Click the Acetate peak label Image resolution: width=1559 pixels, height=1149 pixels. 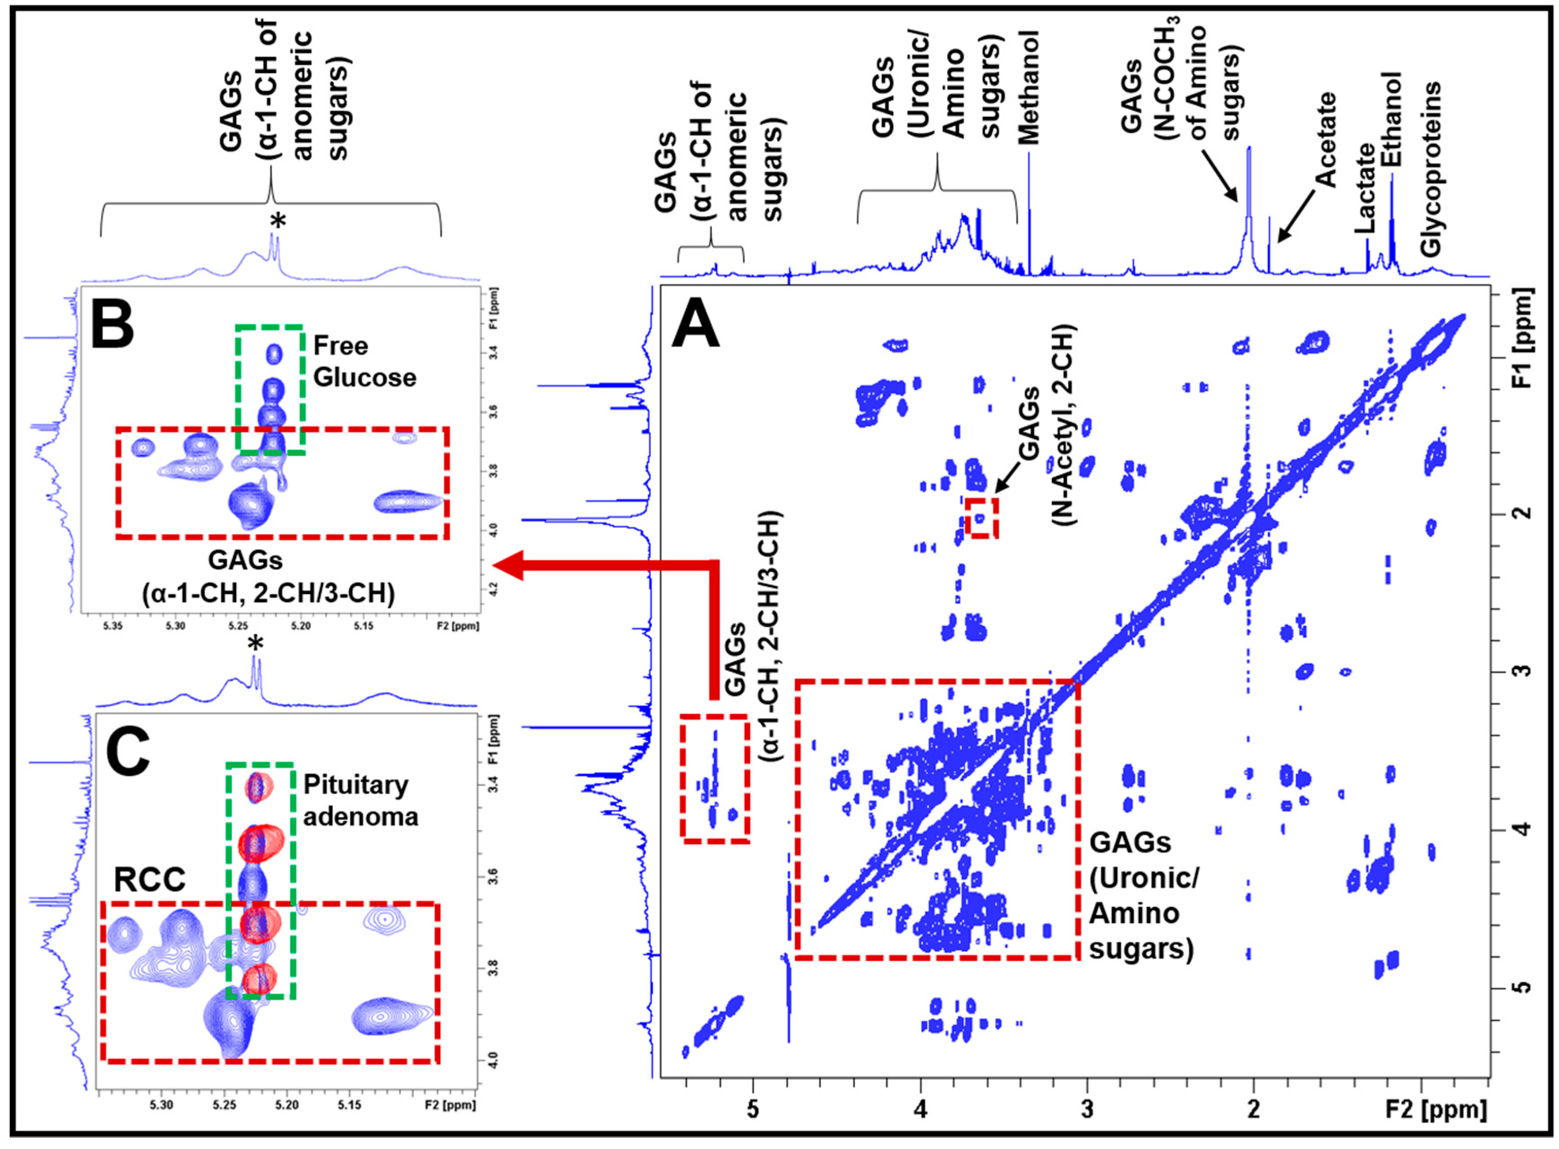tap(1326, 139)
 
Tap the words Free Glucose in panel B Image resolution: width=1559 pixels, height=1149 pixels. tap(364, 361)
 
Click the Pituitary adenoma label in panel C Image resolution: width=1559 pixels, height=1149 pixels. tap(360, 800)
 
